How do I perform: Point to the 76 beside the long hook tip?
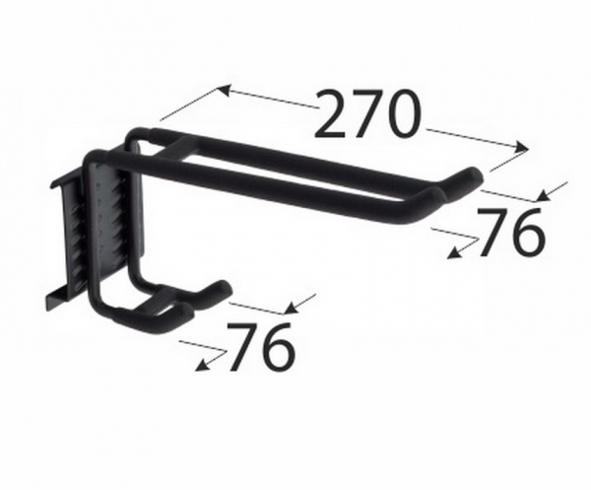click(510, 234)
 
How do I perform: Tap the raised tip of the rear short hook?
click(222, 288)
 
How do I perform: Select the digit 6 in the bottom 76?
click(279, 347)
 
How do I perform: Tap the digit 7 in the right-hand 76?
click(492, 233)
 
